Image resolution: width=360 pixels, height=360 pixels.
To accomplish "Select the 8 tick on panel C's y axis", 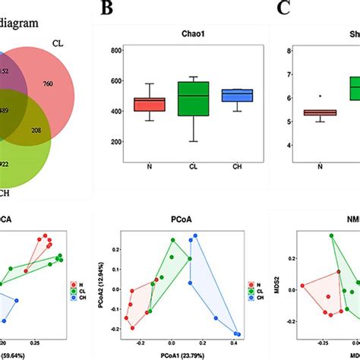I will (289, 51).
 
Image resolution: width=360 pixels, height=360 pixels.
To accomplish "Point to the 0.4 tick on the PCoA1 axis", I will (237, 343).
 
